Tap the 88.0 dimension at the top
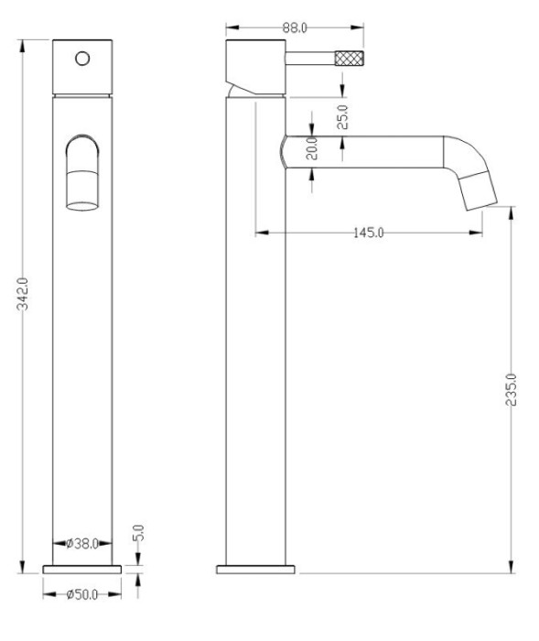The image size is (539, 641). pyautogui.click(x=294, y=27)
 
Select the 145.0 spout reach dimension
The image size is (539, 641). pyautogui.click(x=368, y=232)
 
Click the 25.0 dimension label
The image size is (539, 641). pyautogui.click(x=343, y=118)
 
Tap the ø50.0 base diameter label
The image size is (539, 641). pyautogui.click(x=82, y=593)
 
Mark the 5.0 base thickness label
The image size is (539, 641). pyautogui.click(x=140, y=532)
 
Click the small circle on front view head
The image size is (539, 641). pyautogui.click(x=82, y=59)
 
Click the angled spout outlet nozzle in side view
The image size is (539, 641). pyautogui.click(x=481, y=189)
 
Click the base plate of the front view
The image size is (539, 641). pyautogui.click(x=82, y=568)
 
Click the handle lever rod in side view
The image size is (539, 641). pyautogui.click(x=311, y=60)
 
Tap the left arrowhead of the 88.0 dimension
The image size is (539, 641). pyautogui.click(x=229, y=27)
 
